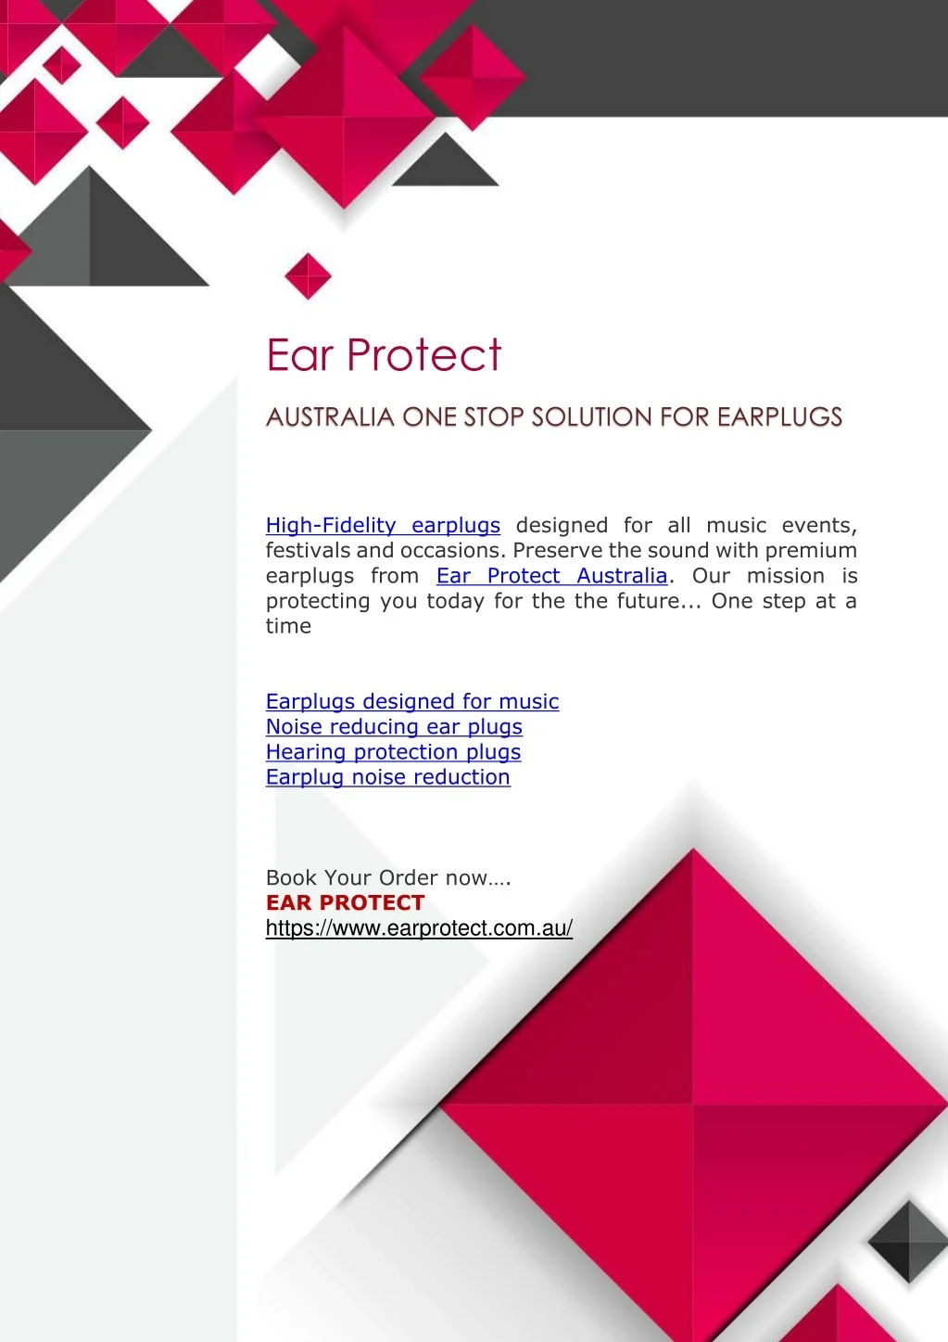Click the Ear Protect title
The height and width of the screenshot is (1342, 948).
click(384, 354)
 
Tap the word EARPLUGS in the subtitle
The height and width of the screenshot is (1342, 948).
click(780, 417)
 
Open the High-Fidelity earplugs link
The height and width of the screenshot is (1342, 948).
click(383, 526)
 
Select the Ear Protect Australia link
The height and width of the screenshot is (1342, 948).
click(551, 576)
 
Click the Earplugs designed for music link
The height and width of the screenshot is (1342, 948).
click(412, 701)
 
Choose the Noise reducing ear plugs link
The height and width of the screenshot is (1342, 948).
click(394, 727)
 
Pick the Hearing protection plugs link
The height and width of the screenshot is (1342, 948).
click(393, 752)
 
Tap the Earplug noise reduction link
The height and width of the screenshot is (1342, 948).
click(387, 777)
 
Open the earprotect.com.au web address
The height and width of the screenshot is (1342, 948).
click(419, 928)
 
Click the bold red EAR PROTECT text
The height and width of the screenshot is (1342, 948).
click(346, 902)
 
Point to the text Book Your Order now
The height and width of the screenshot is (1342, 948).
click(388, 877)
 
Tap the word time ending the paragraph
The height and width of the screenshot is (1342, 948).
click(288, 626)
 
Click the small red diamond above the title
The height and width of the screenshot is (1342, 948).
click(309, 276)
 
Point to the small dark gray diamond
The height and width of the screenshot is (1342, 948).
click(908, 1242)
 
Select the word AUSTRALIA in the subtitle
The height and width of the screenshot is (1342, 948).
click(330, 417)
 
